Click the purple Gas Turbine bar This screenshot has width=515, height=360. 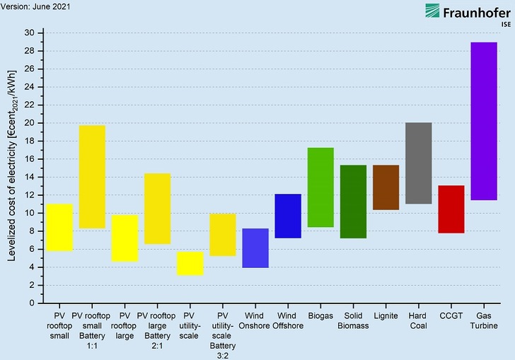pyautogui.click(x=483, y=121)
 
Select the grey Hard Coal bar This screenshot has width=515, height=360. pyautogui.click(x=418, y=163)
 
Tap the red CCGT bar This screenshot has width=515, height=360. pyautogui.click(x=451, y=209)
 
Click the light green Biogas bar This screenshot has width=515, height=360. pyautogui.click(x=320, y=187)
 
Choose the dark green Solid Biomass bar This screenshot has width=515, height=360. pyautogui.click(x=353, y=201)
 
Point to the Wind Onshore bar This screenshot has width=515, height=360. pyautogui.click(x=255, y=248)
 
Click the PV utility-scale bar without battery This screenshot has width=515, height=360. pyautogui.click(x=190, y=263)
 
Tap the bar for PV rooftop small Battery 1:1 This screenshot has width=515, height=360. pyautogui.click(x=92, y=176)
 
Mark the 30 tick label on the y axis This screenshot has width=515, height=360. pyautogui.click(x=29, y=33)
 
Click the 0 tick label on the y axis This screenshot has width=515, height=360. pyautogui.click(x=31, y=303)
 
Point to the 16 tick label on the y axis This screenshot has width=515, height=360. pyautogui.click(x=29, y=159)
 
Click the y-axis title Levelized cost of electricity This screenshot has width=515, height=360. pyautogui.click(x=12, y=168)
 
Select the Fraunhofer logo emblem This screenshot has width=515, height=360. pyautogui.click(x=432, y=11)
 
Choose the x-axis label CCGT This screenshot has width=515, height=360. pyautogui.click(x=451, y=315)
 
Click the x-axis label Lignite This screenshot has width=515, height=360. pyautogui.click(x=386, y=315)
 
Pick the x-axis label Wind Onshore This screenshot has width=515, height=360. pyautogui.click(x=255, y=320)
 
